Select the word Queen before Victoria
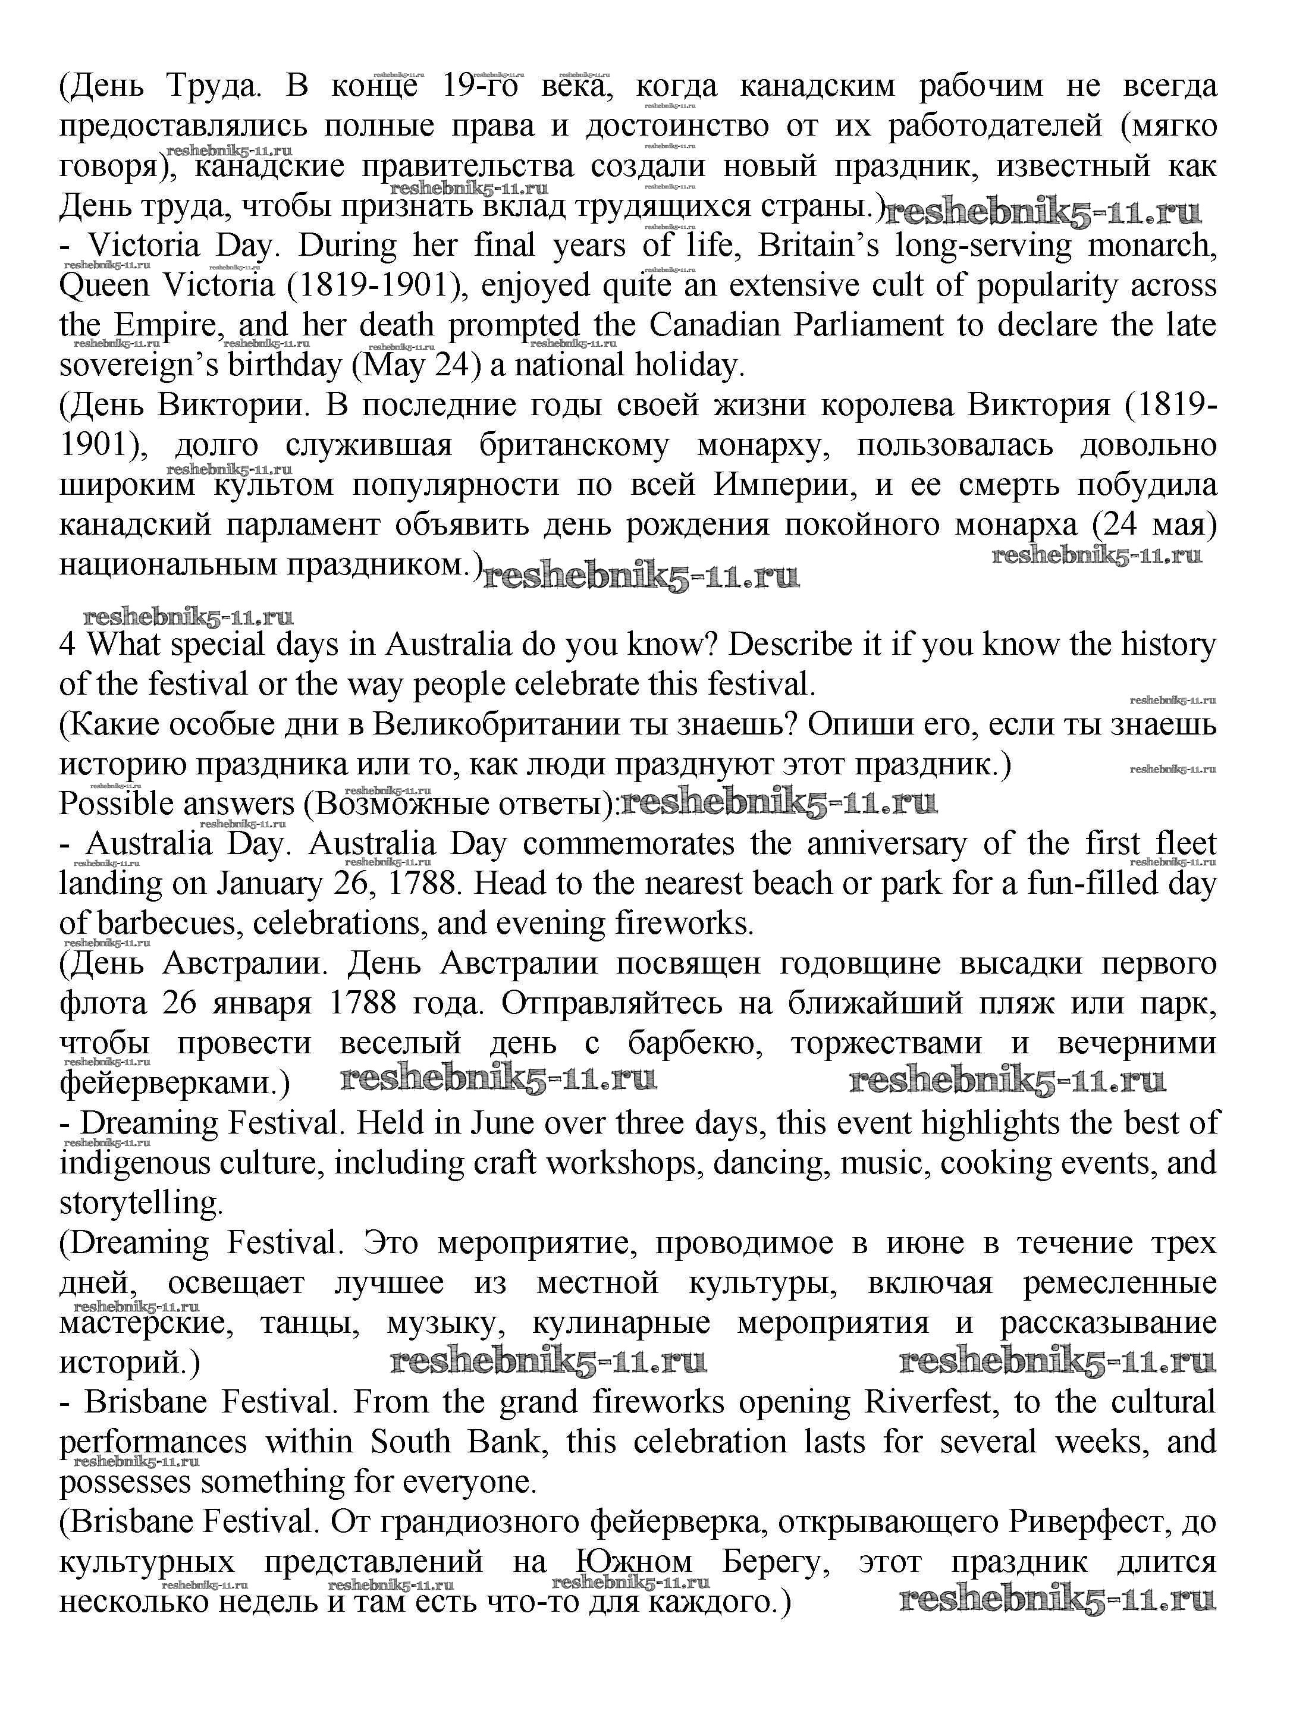pyautogui.click(x=104, y=285)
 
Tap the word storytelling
pyautogui.click(x=140, y=1203)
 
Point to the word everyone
pyautogui.click(x=473, y=1482)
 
